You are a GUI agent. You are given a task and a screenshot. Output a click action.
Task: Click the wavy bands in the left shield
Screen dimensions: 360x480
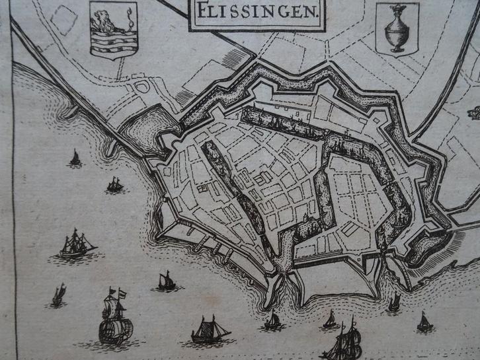[x=113, y=41]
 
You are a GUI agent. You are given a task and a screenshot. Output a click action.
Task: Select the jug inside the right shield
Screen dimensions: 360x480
[x=396, y=29]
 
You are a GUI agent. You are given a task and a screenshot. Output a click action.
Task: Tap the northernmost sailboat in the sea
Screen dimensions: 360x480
[x=75, y=157]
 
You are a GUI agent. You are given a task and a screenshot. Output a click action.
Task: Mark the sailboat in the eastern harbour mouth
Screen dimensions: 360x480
[x=394, y=303]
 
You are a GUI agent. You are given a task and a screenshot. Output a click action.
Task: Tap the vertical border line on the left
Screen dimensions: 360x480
[x=15, y=198]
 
